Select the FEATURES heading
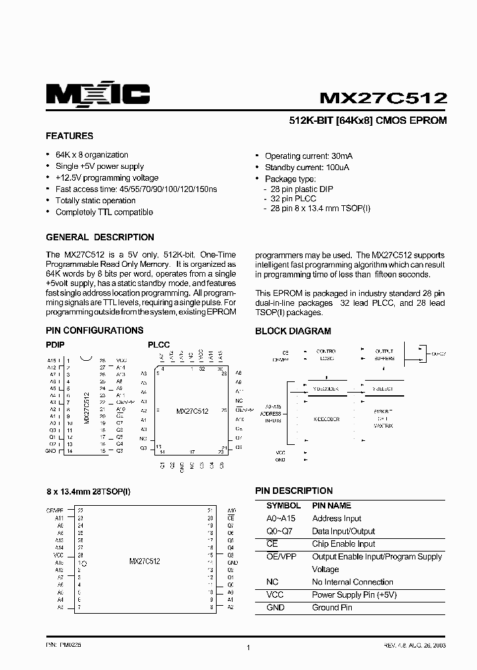(69, 136)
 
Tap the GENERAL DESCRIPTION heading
(99, 237)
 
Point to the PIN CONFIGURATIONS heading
(94, 330)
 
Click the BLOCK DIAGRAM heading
(293, 331)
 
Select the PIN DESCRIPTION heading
(293, 491)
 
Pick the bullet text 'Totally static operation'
(95, 201)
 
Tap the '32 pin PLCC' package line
(293, 199)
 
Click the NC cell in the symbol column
(272, 582)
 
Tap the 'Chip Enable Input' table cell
(343, 544)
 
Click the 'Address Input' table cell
(337, 518)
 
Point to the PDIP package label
(56, 345)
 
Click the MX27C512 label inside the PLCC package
(192, 411)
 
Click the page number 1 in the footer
(247, 649)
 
